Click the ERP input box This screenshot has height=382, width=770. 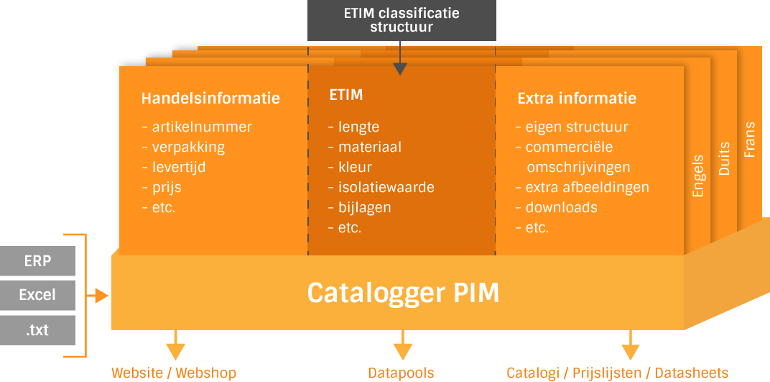click(37, 261)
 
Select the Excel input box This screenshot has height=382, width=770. click(37, 296)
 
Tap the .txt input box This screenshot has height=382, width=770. click(37, 330)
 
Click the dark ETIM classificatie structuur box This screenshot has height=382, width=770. click(402, 20)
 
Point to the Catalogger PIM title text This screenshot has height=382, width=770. click(403, 293)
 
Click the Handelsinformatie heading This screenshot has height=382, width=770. click(210, 98)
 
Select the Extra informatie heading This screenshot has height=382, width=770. click(577, 98)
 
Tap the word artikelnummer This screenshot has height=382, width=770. click(202, 127)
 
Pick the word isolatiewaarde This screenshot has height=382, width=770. click(386, 187)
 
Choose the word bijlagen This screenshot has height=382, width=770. click(365, 207)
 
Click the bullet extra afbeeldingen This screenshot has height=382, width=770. click(583, 187)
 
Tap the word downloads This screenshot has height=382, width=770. click(562, 207)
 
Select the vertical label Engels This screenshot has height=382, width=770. click(698, 176)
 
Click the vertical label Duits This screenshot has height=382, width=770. click(724, 159)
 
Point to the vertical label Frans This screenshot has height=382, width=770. click(749, 140)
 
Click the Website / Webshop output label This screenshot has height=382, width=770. click(174, 373)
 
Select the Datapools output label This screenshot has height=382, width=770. click(402, 373)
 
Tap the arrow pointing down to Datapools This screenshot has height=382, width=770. click(402, 345)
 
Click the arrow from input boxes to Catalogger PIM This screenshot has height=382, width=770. click(97, 296)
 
